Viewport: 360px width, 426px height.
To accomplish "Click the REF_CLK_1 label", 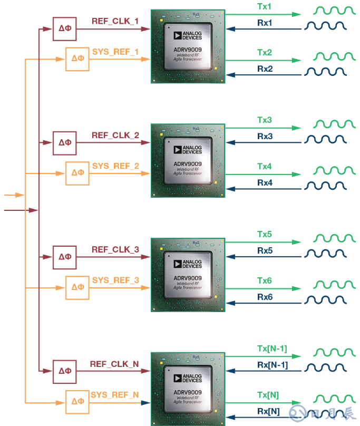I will pyautogui.click(x=115, y=21).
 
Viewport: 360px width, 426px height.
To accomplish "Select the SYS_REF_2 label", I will pyautogui.click(x=115, y=166).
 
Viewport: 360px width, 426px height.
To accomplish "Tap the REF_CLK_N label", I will pyautogui.click(x=114, y=364).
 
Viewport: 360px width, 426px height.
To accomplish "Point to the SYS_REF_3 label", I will pyautogui.click(x=115, y=280).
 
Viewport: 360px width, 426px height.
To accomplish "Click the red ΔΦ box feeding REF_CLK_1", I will pyautogui.click(x=65, y=28).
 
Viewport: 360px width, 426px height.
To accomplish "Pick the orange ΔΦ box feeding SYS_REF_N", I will pyautogui.click(x=77, y=402).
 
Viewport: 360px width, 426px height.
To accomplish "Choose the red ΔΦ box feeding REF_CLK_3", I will pyautogui.click(x=65, y=257).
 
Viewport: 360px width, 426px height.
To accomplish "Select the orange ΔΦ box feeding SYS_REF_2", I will pyautogui.click(x=77, y=173).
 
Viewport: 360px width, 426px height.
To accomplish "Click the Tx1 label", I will pyautogui.click(x=265, y=7).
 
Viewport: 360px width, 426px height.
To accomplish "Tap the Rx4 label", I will pyautogui.click(x=265, y=183).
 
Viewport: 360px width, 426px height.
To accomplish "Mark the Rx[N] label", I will pyautogui.click(x=268, y=411).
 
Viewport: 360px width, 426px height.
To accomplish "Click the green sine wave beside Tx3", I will pyautogui.click(x=335, y=124).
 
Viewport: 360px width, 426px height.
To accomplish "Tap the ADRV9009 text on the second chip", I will pyautogui.click(x=188, y=163).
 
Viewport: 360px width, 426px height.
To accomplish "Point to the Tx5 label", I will pyautogui.click(x=265, y=234).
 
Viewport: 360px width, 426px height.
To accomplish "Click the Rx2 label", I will pyautogui.click(x=265, y=69).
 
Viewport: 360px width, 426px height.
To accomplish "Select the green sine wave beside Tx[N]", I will pyautogui.click(x=335, y=398).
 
